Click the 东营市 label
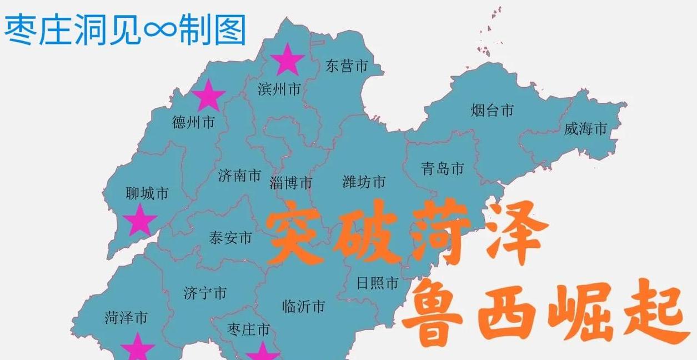tap(347, 67)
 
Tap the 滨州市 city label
tap(279, 89)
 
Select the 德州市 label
tap(193, 122)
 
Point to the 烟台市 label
tap(492, 110)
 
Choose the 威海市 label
tap(585, 129)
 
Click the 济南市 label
tap(239, 176)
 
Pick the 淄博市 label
tap(291, 183)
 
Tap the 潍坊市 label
tap(364, 182)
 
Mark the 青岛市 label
tap(443, 168)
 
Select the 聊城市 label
tap(147, 193)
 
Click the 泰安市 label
tap(230, 238)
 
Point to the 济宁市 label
tap(205, 293)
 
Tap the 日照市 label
tap(378, 283)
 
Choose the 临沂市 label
tap(303, 306)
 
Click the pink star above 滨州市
tap(287, 59)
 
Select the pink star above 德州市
tap(208, 95)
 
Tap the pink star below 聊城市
tap(139, 220)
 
